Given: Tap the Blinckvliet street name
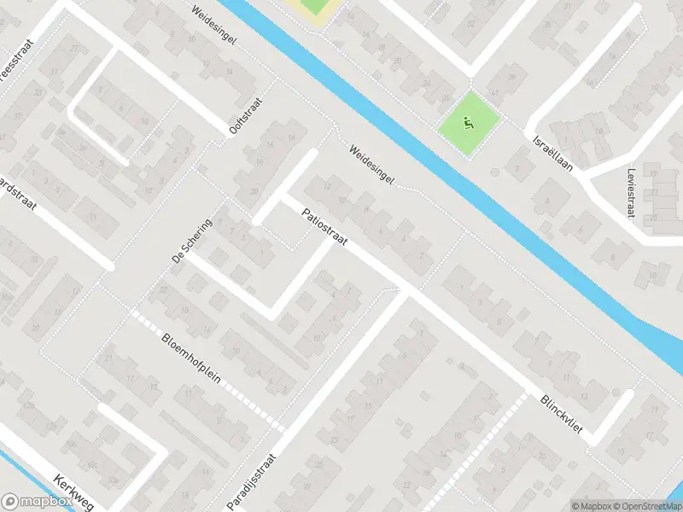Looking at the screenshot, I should (561, 413).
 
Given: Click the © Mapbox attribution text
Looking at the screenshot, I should (591, 506).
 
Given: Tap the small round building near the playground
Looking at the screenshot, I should (494, 172).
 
